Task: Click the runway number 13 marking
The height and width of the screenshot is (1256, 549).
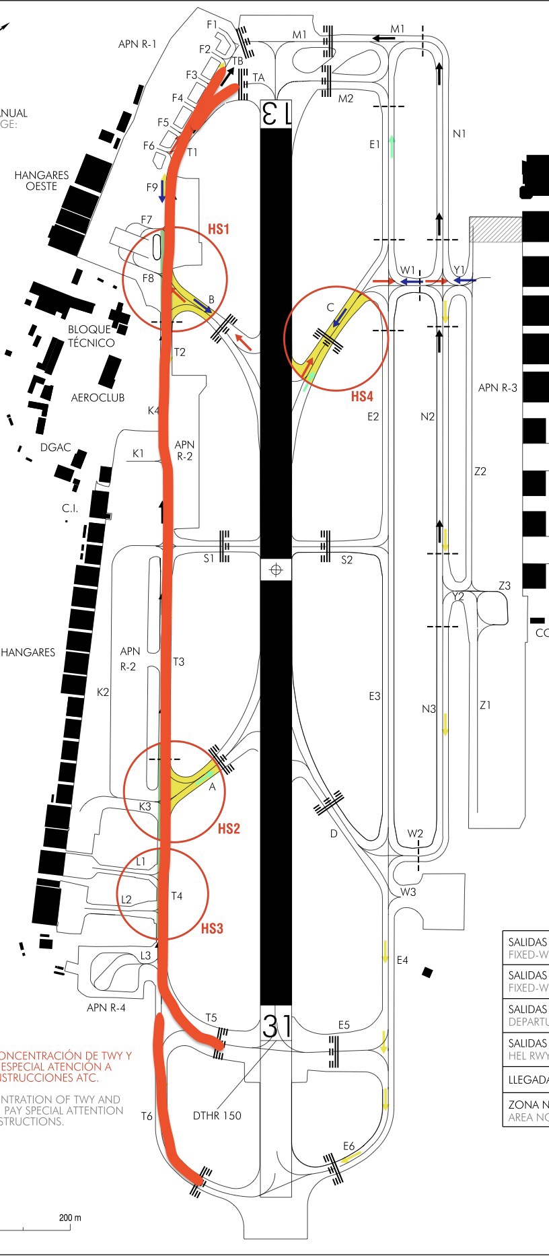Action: pos(276,113)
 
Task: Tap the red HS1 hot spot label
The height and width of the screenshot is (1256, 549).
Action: pos(219,229)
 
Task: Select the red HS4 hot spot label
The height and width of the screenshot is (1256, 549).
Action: pos(362,396)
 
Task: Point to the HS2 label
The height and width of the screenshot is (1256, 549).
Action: pos(229,829)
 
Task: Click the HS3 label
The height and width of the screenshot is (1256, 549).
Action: pos(212,928)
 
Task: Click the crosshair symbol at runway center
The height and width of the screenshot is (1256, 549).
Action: pos(275,570)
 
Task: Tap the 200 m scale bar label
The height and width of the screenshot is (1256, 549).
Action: pos(70,1218)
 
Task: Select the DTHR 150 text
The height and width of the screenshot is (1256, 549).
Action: pos(217,1115)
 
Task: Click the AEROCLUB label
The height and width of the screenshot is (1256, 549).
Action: pos(98,398)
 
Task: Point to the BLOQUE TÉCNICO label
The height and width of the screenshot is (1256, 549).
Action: pos(91,336)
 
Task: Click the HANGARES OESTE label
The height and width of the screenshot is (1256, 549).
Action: pos(42,180)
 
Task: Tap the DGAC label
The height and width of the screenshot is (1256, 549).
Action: pos(55,447)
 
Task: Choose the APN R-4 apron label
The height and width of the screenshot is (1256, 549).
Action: pos(106,1008)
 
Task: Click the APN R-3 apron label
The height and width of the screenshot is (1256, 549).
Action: pos(498,388)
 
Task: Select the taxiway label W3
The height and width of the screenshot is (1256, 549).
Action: pos(408,892)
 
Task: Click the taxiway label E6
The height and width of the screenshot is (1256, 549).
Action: pos(349,1146)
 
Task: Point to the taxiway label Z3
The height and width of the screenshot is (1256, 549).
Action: pos(505,586)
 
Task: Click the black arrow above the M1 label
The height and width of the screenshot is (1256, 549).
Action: pos(384,38)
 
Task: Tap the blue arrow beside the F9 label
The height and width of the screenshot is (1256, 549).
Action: pos(162,191)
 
